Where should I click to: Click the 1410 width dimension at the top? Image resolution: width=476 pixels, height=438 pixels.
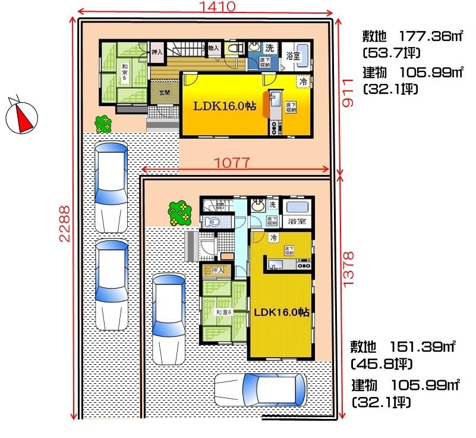(x=206, y=7)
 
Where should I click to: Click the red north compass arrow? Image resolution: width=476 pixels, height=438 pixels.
(x=23, y=116)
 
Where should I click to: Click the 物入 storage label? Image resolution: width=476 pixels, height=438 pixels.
(x=214, y=48)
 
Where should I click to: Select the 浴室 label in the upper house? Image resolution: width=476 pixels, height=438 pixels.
(x=292, y=55)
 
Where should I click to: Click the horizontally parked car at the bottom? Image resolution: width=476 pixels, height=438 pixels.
(x=261, y=389)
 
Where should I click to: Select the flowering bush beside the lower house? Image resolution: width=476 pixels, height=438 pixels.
(x=180, y=212)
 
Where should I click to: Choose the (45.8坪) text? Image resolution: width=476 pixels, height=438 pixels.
(x=377, y=363)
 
